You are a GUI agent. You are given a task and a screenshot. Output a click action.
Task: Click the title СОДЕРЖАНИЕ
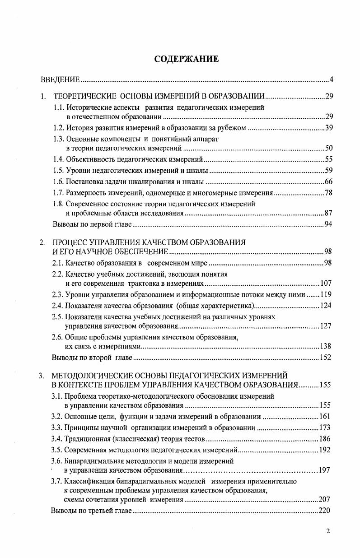[x=186, y=59]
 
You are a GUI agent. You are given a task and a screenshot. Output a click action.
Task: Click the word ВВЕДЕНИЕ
[x=61, y=80]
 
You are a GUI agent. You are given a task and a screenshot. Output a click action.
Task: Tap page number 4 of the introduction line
[x=331, y=80]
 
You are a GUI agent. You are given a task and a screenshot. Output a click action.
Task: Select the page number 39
[x=329, y=128]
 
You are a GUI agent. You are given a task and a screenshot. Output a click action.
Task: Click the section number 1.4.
[x=59, y=159]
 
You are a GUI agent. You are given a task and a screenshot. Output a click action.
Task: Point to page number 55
[x=329, y=159]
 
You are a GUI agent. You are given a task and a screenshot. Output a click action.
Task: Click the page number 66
[x=329, y=182]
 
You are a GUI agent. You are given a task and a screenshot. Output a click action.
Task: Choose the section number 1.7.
[x=59, y=193]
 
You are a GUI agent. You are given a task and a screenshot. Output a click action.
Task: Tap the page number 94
[x=329, y=224]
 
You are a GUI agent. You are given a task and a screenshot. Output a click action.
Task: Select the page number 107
[x=326, y=284]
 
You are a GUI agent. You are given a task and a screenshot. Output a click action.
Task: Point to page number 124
[x=326, y=306]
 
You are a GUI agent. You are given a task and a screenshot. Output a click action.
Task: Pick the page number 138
[x=326, y=346]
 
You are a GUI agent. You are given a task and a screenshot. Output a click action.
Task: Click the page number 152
[x=326, y=358]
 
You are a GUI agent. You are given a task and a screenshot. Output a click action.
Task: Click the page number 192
[x=325, y=450]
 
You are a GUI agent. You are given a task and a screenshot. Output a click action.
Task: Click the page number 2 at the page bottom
[x=328, y=531]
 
